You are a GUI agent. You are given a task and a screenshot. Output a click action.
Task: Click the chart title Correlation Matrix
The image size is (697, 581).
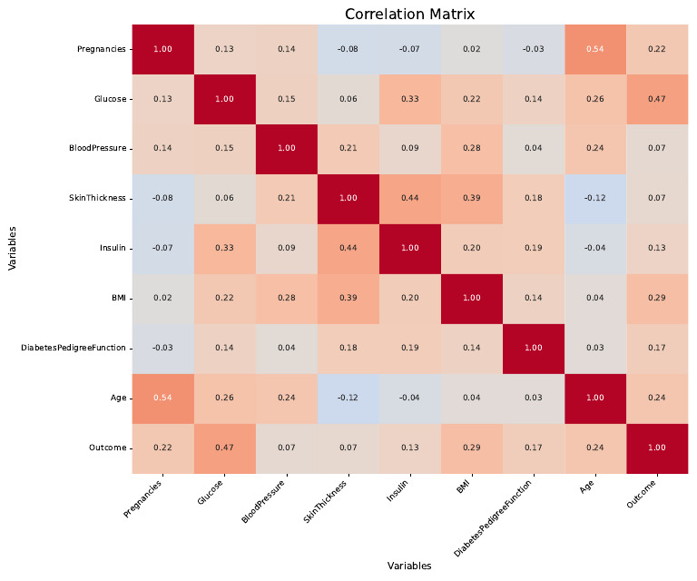coord(409,15)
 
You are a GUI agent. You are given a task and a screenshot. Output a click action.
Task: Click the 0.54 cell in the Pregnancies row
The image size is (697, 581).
coord(594,49)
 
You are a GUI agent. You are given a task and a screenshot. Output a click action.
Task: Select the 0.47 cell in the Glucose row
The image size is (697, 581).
coord(656,98)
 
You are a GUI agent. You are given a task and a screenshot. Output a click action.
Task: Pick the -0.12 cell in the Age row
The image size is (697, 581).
coord(348,398)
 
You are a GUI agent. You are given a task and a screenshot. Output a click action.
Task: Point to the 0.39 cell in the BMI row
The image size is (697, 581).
coord(348,298)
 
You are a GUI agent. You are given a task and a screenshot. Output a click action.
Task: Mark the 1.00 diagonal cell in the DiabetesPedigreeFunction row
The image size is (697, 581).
coord(533,348)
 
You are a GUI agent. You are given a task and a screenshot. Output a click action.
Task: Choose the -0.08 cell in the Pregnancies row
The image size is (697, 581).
coord(348,49)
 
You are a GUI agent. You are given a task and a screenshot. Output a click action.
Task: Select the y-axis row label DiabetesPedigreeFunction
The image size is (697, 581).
coord(74,348)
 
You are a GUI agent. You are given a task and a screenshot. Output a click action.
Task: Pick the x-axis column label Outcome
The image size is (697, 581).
coord(642,496)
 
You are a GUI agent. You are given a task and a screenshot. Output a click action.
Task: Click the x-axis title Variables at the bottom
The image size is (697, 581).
coord(409,566)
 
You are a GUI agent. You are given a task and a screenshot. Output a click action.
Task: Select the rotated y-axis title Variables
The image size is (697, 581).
coord(13,248)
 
